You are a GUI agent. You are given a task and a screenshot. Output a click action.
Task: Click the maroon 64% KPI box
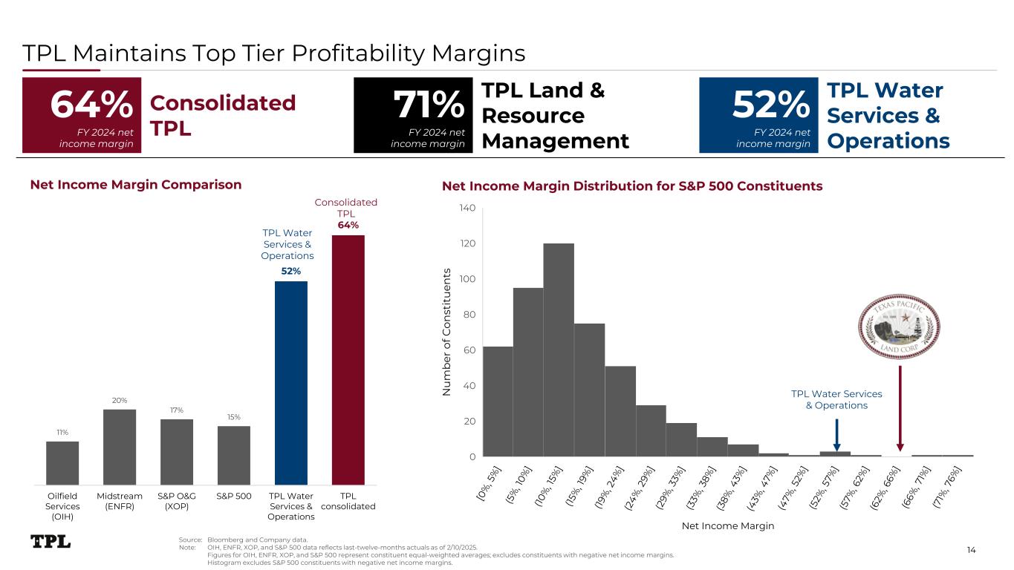click(82, 115)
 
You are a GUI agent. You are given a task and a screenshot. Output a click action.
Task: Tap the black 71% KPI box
click(413, 115)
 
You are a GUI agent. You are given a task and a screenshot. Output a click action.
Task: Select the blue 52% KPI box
click(758, 115)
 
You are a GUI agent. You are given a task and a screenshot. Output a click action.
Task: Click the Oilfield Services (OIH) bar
click(62, 463)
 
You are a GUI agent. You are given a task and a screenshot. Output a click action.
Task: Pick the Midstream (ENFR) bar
click(120, 447)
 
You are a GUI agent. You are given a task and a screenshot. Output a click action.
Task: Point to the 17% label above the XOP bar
click(177, 410)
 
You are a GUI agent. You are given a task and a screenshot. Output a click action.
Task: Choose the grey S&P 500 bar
click(233, 456)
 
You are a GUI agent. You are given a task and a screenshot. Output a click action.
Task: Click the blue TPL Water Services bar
click(291, 383)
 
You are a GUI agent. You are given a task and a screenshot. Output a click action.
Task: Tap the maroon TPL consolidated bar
click(348, 360)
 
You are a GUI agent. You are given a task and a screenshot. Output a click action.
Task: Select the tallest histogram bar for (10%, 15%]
click(559, 350)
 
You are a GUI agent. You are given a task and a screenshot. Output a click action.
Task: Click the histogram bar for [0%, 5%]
click(498, 402)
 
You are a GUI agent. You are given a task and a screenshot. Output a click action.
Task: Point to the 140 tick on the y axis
click(467, 208)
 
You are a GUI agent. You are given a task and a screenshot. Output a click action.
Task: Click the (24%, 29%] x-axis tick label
click(639, 488)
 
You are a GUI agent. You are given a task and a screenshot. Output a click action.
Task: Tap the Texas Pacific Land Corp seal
click(899, 327)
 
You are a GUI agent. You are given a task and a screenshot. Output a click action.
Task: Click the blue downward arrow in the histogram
click(836, 435)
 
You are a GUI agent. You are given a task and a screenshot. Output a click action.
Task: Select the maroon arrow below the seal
click(900, 408)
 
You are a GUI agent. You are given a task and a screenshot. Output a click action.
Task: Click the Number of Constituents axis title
click(446, 332)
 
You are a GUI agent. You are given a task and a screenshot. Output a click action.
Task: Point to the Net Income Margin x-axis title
click(728, 525)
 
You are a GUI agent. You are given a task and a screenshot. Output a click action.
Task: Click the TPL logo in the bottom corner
click(51, 541)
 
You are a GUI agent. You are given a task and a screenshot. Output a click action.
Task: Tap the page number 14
click(972, 550)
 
